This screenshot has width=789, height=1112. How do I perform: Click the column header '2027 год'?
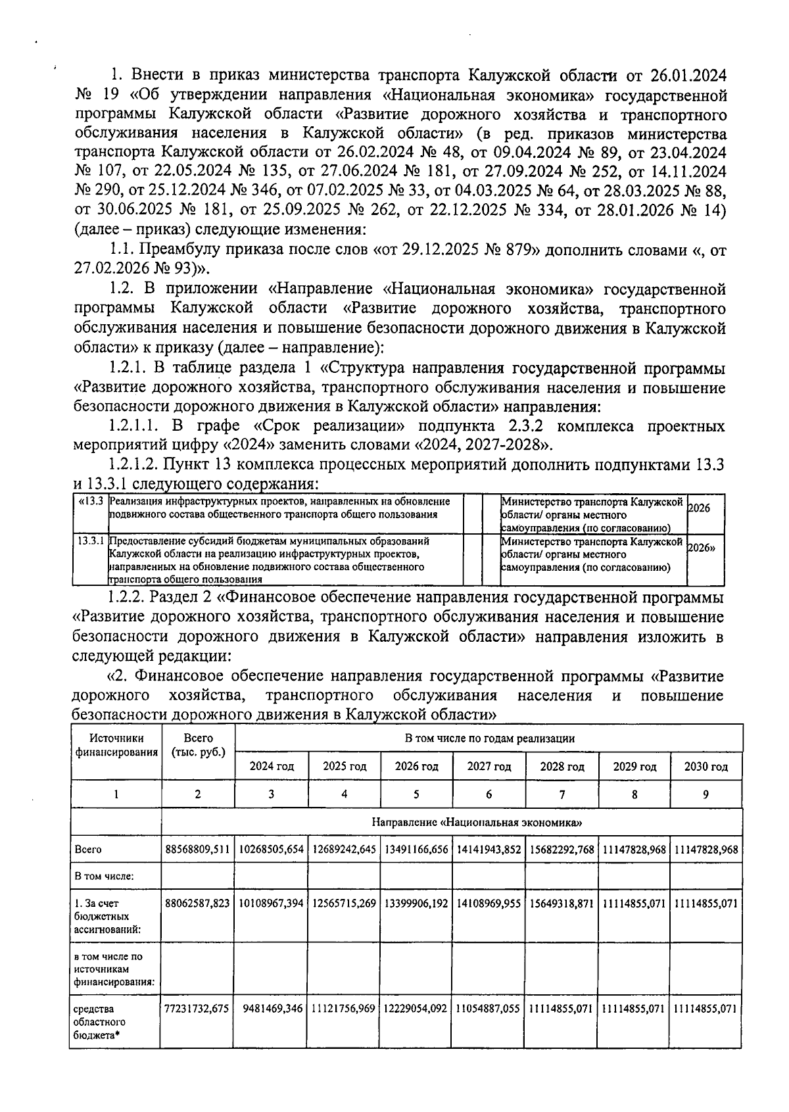(489, 766)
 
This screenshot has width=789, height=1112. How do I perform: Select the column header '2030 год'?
(706, 766)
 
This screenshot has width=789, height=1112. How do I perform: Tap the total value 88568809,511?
(198, 849)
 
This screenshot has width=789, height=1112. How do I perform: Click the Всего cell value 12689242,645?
(344, 849)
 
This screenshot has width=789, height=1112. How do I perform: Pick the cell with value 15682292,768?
(562, 849)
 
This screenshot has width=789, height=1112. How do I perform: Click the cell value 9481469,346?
(272, 1008)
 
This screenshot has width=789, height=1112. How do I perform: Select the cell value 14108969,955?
(489, 903)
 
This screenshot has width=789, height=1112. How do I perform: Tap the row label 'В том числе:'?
(95, 876)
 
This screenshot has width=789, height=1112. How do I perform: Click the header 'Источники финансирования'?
(116, 745)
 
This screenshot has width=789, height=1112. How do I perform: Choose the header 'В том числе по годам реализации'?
(489, 738)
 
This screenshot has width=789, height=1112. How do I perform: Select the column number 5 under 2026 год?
(416, 794)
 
